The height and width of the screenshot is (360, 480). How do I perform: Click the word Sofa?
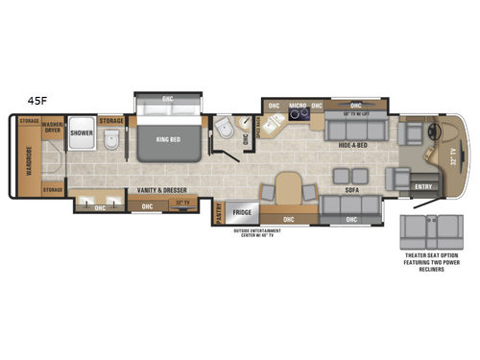tap(349, 190)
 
